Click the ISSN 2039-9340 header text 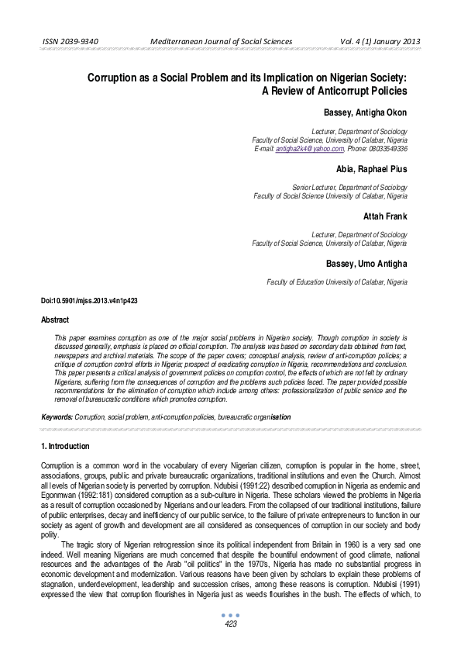click(x=70, y=41)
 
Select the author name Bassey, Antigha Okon click(x=365, y=112)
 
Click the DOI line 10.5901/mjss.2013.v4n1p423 click(x=89, y=300)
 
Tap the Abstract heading click(x=55, y=320)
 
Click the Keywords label click(x=57, y=417)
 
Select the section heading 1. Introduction click(x=65, y=447)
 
